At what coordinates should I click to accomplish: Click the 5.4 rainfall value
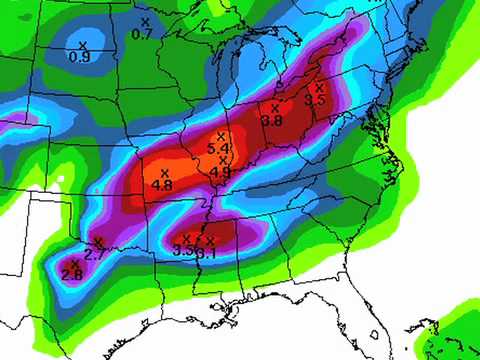pos(218,148)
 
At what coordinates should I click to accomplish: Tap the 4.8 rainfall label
pos(162,185)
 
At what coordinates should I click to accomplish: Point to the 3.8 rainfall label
pos(272,120)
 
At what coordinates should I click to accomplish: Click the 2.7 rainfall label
pos(95,254)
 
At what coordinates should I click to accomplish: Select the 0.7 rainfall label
pos(142,34)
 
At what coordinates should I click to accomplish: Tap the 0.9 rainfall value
pos(79,56)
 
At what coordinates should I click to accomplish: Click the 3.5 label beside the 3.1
pos(183,251)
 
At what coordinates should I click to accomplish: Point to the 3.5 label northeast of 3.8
pos(316,100)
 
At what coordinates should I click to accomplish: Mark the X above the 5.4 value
pos(222,135)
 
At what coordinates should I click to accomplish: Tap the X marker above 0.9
pos(83,44)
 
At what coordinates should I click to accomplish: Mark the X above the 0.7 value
pos(145,21)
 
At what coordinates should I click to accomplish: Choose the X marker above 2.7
pos(98,242)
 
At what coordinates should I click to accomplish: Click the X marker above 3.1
pos(210,240)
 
